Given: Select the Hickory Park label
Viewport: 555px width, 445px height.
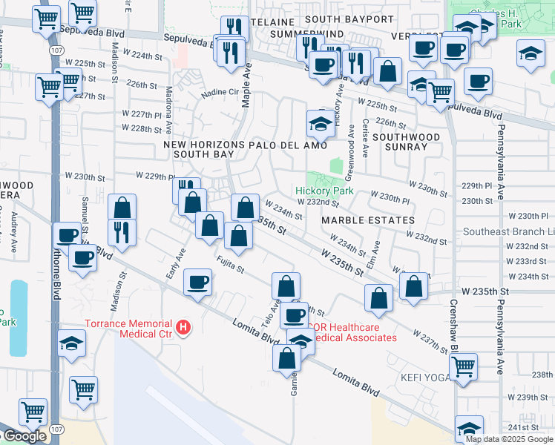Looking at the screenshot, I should pyautogui.click(x=324, y=191).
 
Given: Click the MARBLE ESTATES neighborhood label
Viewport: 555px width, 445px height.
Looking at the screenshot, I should pyautogui.click(x=368, y=220).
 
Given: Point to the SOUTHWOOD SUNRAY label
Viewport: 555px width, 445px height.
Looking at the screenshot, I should pyautogui.click(x=401, y=142).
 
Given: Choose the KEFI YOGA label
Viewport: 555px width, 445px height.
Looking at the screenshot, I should pyautogui.click(x=425, y=378).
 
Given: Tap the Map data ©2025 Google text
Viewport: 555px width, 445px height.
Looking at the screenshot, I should pyautogui.click(x=509, y=439).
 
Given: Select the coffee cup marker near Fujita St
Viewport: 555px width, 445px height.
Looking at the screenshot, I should pyautogui.click(x=197, y=282).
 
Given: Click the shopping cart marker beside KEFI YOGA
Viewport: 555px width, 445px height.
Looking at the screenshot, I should pyautogui.click(x=464, y=366).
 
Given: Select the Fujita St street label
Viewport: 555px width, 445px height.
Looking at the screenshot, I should pyautogui.click(x=231, y=263).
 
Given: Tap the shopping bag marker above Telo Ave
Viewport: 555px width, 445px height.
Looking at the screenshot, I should pyautogui.click(x=286, y=286).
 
